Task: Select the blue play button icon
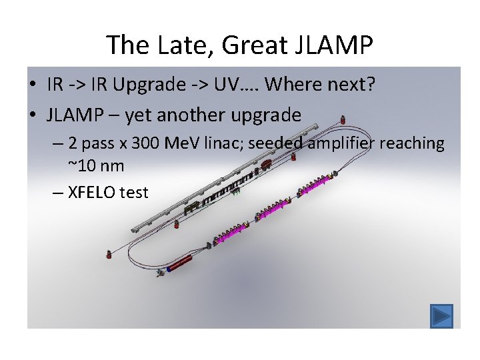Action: (441, 315)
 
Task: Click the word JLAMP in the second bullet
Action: (74, 115)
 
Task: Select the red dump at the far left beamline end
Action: (109, 254)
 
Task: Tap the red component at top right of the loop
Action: (343, 119)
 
